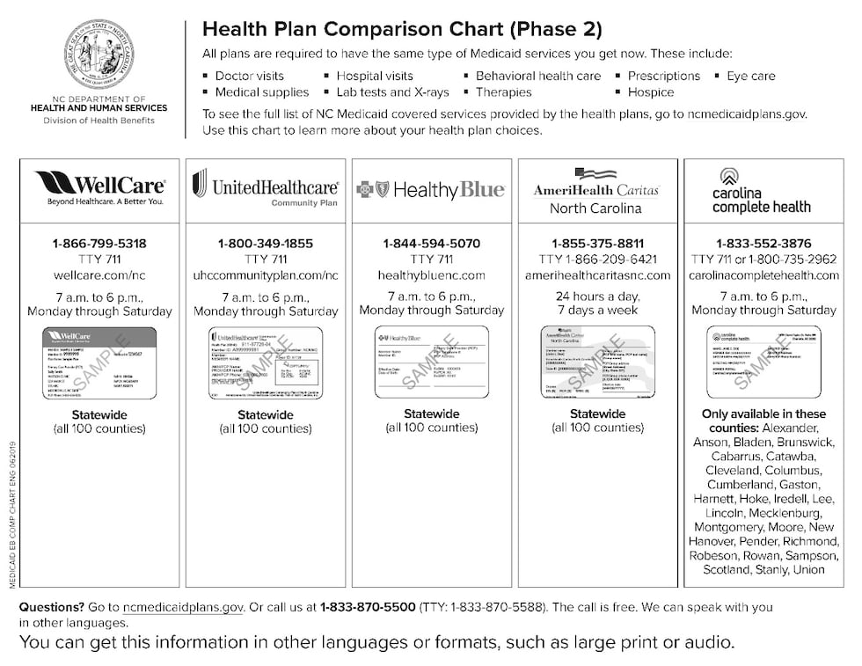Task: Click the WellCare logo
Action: click(x=100, y=188)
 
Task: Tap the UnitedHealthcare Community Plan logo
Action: click(x=266, y=188)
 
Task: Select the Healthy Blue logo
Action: click(x=431, y=189)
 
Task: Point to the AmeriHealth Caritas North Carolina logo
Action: click(x=596, y=192)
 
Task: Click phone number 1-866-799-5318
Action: click(x=100, y=244)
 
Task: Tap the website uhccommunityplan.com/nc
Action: click(x=266, y=275)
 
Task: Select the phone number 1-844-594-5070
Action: click(x=431, y=244)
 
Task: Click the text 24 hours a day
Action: click(x=597, y=296)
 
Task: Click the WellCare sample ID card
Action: click(x=99, y=362)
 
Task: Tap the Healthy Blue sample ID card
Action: click(x=431, y=362)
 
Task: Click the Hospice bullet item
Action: click(x=650, y=91)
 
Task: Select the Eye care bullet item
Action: click(x=750, y=76)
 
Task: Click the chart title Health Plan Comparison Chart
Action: click(x=402, y=29)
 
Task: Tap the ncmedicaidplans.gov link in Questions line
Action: click(x=183, y=607)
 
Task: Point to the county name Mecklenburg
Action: click(x=783, y=513)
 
